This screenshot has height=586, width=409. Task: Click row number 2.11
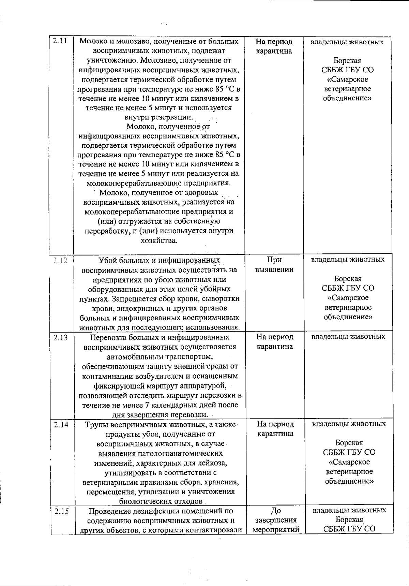pos(60,42)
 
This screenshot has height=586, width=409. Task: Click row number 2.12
pos(60,260)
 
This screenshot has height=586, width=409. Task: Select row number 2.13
pos(60,338)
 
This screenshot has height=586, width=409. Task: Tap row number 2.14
pos(61,425)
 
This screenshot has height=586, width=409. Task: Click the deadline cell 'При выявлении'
pos(274,265)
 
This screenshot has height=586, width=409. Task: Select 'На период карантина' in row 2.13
pos(275,342)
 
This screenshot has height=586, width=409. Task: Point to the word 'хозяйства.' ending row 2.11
pos(159,240)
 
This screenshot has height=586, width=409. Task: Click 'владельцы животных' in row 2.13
pos(348,337)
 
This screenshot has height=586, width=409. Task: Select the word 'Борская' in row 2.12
pos(348,279)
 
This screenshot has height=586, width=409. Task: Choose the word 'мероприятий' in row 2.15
pos(276,530)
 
